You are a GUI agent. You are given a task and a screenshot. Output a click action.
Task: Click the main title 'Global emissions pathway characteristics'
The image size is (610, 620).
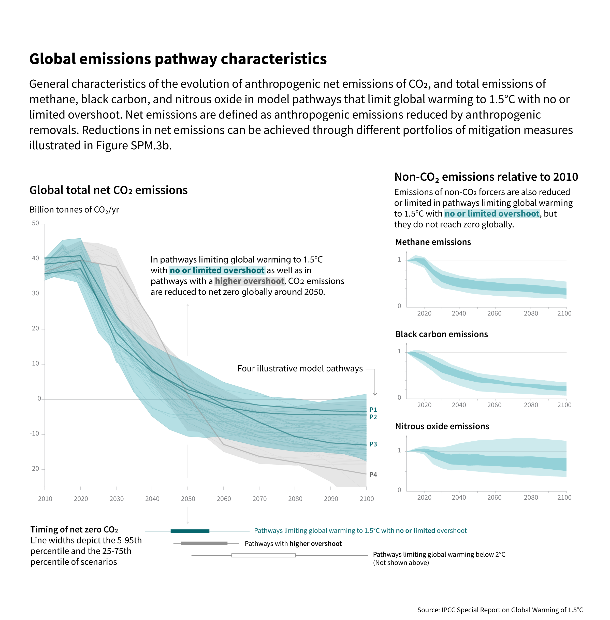178,59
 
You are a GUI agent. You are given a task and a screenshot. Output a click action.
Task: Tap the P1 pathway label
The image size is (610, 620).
373,410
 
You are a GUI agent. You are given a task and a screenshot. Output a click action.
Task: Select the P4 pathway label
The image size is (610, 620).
373,474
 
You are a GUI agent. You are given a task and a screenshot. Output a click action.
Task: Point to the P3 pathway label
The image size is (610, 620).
373,444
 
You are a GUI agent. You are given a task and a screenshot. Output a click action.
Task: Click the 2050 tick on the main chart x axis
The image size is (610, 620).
188,499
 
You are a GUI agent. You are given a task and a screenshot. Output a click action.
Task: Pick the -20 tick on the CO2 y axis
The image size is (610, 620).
34,469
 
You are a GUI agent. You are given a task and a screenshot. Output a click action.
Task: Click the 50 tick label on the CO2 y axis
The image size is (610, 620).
35,223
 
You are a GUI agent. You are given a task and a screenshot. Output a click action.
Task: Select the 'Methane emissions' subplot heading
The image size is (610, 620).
433,242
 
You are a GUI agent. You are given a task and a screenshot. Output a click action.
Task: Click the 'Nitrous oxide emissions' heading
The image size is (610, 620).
442,426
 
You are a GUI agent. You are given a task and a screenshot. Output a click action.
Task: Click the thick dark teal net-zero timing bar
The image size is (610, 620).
190,531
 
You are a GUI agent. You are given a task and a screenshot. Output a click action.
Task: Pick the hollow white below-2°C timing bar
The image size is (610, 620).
263,555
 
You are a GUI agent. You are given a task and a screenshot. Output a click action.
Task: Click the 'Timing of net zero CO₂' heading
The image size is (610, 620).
74,529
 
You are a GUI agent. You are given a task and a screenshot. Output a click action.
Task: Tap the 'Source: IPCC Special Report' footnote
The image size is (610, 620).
500,610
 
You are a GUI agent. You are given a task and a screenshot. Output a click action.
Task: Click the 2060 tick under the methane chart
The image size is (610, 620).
494,313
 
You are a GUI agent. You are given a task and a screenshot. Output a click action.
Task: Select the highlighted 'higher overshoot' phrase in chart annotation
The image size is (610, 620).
249,281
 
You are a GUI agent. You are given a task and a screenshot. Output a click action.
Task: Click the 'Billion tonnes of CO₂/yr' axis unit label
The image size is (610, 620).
74,210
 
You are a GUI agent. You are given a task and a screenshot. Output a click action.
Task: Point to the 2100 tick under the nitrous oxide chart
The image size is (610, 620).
564,497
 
